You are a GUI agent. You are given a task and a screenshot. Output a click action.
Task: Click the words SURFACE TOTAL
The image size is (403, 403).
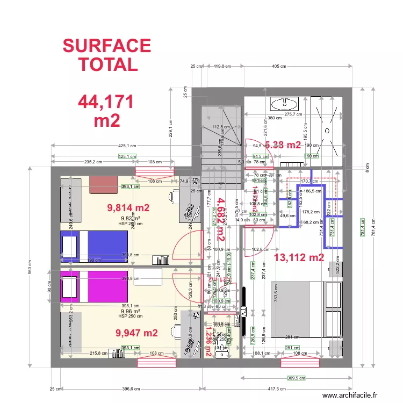pos(107,55)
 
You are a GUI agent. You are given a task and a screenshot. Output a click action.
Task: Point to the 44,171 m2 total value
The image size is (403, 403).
pos(106,111)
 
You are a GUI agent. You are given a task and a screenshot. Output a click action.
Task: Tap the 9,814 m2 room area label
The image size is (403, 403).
pos(128,208)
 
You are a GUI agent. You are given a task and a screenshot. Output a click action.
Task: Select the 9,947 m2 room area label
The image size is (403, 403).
pos(137,333)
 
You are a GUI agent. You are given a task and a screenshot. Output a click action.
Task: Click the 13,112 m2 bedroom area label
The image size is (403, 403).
pos(299,257)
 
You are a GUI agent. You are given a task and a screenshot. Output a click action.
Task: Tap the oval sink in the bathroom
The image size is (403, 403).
pos(284,103)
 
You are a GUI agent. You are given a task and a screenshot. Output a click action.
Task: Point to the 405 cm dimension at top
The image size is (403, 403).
pos(279,67)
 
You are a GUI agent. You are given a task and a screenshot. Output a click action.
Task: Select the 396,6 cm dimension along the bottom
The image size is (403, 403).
pos(132,388)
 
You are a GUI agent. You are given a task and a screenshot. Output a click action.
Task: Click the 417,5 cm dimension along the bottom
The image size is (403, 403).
pos(278,388)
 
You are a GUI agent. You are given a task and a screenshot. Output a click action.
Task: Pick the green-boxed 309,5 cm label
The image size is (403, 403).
pos(294,378)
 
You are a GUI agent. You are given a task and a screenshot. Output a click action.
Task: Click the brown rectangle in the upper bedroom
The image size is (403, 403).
pos(104,183)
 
